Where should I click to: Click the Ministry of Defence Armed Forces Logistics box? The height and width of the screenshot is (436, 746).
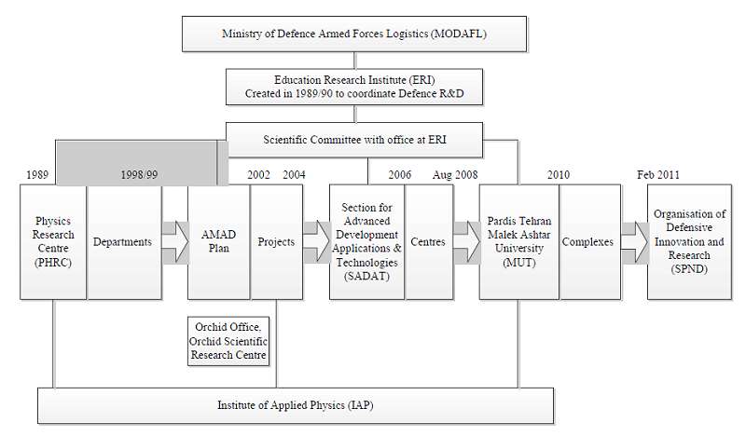(354, 34)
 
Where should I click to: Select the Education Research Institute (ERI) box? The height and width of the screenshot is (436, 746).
(354, 87)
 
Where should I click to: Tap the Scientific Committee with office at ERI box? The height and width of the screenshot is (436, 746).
(354, 140)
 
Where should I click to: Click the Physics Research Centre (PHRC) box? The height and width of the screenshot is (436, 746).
(53, 242)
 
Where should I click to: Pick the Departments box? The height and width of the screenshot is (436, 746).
(125, 242)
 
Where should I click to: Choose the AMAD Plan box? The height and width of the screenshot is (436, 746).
(219, 242)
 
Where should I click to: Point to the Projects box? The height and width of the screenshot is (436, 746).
(277, 242)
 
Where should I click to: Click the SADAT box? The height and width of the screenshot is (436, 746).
(366, 242)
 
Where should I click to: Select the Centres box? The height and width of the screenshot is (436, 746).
(429, 242)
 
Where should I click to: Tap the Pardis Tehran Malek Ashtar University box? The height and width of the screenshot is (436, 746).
(519, 242)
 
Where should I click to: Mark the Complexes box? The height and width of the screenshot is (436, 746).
(590, 242)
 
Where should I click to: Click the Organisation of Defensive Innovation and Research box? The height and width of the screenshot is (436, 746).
(689, 242)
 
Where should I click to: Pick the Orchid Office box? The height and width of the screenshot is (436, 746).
(228, 341)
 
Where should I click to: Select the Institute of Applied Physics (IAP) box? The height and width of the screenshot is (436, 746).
(296, 405)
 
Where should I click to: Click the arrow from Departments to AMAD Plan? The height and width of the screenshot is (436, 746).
(175, 242)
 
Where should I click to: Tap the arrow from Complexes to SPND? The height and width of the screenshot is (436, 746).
(635, 242)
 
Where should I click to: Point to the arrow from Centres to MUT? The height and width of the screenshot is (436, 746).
(467, 242)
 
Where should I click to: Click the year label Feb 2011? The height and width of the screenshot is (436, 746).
(658, 175)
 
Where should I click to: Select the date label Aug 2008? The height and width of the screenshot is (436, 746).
(455, 175)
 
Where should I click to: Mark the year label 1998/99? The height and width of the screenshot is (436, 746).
(139, 175)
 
